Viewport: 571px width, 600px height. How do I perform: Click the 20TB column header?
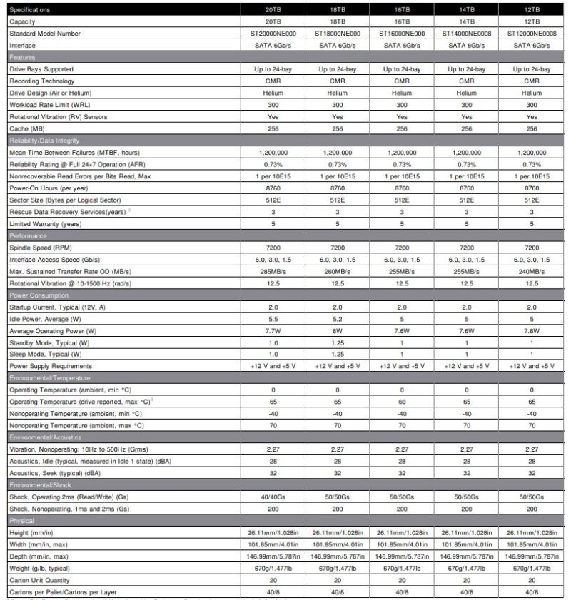[272, 11]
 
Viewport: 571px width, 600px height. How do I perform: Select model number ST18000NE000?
[337, 34]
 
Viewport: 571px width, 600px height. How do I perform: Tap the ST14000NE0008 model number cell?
[466, 34]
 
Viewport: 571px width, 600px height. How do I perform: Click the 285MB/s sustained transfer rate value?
[272, 271]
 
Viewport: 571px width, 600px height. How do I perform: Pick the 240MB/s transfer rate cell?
[532, 271]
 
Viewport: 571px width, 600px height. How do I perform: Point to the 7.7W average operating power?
[272, 330]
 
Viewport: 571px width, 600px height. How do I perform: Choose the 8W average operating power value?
[337, 330]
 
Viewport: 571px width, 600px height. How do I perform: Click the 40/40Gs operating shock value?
[272, 496]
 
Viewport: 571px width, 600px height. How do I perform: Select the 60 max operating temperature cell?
[402, 402]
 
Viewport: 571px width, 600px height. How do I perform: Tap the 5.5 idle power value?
[272, 318]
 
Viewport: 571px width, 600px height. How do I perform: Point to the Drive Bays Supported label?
[41, 69]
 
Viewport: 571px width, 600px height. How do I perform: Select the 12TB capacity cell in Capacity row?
[532, 22]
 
